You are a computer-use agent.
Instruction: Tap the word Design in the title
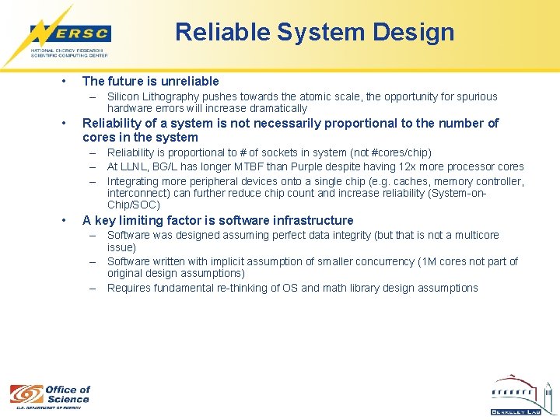[x=417, y=32]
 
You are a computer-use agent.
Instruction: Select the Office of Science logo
[x=50, y=395]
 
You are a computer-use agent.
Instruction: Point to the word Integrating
[x=133, y=180]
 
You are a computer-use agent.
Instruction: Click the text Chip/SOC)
[x=133, y=205]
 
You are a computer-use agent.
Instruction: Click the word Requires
[x=129, y=288]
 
